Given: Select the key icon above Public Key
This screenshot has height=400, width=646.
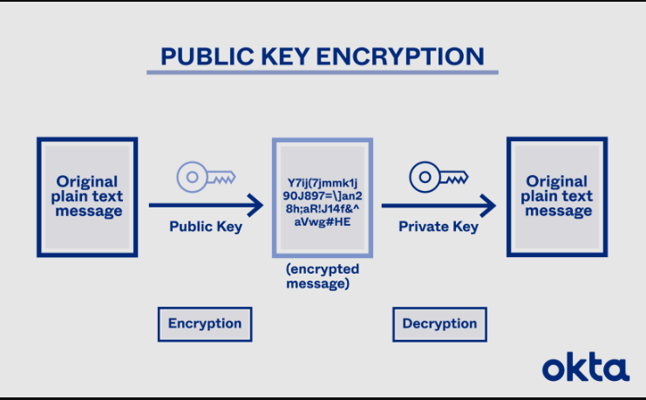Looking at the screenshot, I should (x=206, y=177).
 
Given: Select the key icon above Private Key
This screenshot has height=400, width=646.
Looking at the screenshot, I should (x=439, y=179).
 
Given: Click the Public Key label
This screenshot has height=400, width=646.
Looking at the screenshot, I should (x=206, y=227).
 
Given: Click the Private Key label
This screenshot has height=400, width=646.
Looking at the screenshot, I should (x=439, y=227).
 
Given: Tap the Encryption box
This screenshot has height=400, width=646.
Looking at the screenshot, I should (x=205, y=323).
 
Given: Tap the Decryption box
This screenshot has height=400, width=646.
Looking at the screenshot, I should (x=439, y=323).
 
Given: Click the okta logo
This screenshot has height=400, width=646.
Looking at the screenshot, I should (x=585, y=367).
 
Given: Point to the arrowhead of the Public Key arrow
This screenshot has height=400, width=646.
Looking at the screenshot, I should (x=255, y=207).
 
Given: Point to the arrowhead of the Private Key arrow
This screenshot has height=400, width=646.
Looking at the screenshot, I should (x=488, y=207).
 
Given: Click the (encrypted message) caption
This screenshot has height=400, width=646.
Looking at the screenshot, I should (x=322, y=276).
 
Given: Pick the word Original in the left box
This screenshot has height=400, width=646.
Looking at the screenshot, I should (x=87, y=181).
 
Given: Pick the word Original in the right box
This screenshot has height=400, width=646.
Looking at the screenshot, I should (x=556, y=181).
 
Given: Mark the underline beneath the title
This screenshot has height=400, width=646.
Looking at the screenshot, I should (x=322, y=72).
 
